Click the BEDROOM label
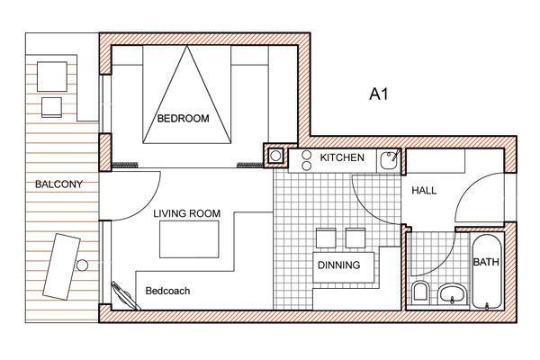[x=184, y=119]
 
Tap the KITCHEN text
[x=342, y=157]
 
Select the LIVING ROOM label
[x=186, y=213]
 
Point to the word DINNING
[x=339, y=265]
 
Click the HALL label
[x=424, y=190]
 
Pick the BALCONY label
[x=58, y=184]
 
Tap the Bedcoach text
[x=167, y=291]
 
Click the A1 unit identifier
[x=379, y=94]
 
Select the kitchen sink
[x=390, y=160]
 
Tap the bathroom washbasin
[x=453, y=294]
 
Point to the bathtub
[x=486, y=272]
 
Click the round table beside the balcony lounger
[x=82, y=265]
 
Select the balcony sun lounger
[x=61, y=266]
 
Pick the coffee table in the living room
[x=189, y=239]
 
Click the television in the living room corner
[x=125, y=295]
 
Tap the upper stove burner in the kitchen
[x=306, y=155]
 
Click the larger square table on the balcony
[x=52, y=76]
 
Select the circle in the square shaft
[x=275, y=156]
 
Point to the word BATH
[x=486, y=262]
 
